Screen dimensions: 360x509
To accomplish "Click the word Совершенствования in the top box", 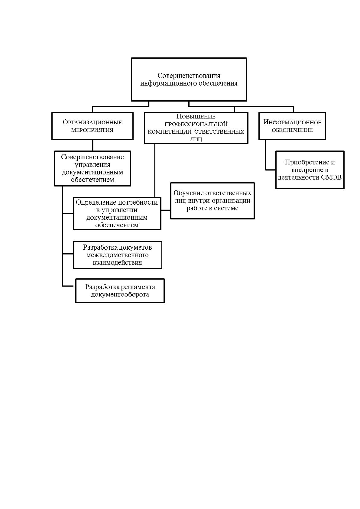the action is tap(189, 76).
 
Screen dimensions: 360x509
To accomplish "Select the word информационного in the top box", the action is tap(168, 83).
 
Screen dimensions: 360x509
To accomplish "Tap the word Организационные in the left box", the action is tap(92, 122).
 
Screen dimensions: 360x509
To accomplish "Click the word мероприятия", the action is tap(92, 130).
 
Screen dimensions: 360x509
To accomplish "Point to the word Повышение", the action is tap(196, 117).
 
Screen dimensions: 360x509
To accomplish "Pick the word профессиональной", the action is tap(196, 124).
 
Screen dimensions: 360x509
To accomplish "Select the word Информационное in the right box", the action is tap(292, 122).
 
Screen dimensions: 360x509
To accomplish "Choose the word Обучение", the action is tap(188, 193).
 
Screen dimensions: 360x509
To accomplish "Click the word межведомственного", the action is tap(118, 255).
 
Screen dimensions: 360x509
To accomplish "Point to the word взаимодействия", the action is tap(118, 263).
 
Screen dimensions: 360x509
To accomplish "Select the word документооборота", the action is tap(120, 294).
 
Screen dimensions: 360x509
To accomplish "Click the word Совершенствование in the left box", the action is tap(92, 157).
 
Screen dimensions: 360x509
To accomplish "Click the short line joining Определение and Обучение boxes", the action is tap(166, 210).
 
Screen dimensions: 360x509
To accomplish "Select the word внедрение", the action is tap(310, 170).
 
